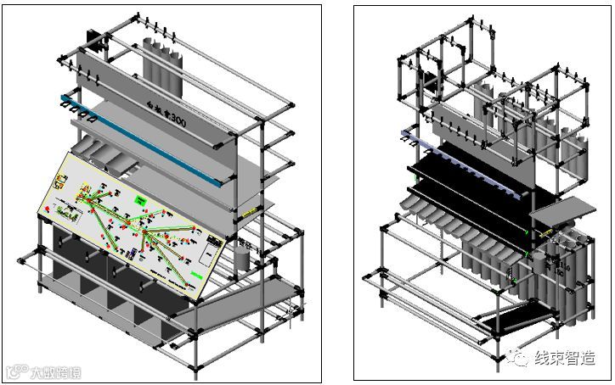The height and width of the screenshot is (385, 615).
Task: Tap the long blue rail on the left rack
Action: [x=161, y=144]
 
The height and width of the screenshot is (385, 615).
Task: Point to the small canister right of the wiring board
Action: [x=240, y=256]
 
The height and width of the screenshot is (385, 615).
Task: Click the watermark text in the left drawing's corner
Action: [x=42, y=371]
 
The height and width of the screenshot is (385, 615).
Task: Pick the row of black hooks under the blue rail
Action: [x=81, y=111]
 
